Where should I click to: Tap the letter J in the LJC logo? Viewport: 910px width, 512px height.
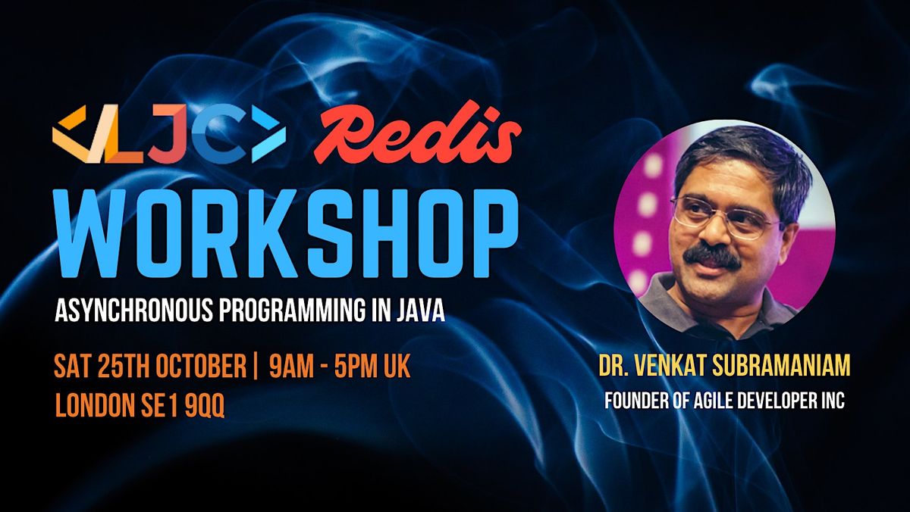coord(168,134)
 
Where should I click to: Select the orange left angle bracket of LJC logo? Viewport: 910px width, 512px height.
coord(70,134)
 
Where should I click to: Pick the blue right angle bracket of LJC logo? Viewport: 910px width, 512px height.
coord(269,134)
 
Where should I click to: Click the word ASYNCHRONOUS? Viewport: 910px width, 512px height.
coord(133,311)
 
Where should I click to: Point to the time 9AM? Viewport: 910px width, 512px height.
coord(291,367)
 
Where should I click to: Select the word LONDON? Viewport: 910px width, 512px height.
coord(95,404)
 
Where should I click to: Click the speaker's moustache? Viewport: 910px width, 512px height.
coord(711,254)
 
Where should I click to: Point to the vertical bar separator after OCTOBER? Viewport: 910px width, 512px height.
coord(254,367)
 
